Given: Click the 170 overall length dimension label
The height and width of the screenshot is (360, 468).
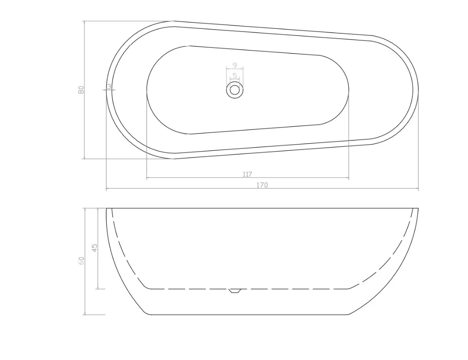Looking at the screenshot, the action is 262,185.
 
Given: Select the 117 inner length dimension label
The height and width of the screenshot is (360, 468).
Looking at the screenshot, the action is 247,174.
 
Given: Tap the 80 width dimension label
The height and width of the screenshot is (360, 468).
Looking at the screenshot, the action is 81,90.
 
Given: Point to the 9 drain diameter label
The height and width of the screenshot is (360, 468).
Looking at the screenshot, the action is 235,65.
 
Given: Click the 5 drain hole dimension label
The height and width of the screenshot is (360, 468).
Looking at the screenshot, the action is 235,76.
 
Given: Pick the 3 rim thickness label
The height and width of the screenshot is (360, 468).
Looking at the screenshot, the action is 109,86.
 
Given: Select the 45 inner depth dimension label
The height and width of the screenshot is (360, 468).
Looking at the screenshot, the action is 94,247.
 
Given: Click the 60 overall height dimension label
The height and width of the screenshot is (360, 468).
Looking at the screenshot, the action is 81,261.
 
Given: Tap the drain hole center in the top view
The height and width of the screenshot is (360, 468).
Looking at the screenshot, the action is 234,90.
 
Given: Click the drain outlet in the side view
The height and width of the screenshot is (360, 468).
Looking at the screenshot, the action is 234,291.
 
